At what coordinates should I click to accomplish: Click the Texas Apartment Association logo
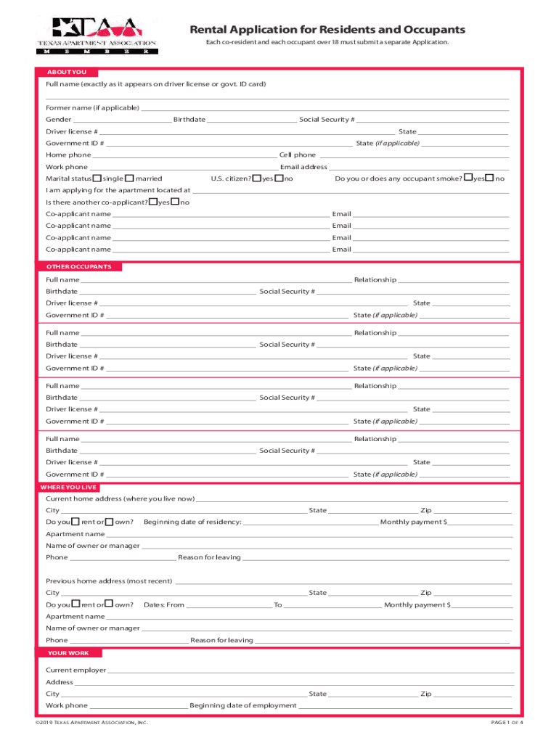pyautogui.click(x=97, y=34)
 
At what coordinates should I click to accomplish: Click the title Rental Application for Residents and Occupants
pyautogui.click(x=327, y=30)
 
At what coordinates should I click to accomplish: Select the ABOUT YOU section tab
pyautogui.click(x=66, y=73)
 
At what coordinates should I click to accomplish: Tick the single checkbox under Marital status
pyautogui.click(x=98, y=178)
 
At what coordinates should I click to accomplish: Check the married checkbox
pyautogui.click(x=129, y=178)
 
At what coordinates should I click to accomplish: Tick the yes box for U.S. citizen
pyautogui.click(x=257, y=178)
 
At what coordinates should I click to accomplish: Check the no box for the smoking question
pyautogui.click(x=490, y=178)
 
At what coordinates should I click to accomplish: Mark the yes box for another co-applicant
pyautogui.click(x=152, y=202)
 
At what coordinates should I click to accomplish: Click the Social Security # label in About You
pyautogui.click(x=327, y=120)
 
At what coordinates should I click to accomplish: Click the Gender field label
pyautogui.click(x=59, y=120)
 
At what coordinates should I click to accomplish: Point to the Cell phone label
pyautogui.click(x=298, y=155)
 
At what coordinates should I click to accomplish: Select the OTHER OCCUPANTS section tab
pyautogui.click(x=79, y=267)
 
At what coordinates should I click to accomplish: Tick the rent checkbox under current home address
pyautogui.click(x=76, y=522)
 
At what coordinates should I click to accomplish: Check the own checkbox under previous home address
pyautogui.click(x=110, y=604)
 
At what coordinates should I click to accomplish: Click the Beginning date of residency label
pyautogui.click(x=192, y=522)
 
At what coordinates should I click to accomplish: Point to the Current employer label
pyautogui.click(x=76, y=670)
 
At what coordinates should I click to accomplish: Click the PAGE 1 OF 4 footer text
pyautogui.click(x=507, y=723)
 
